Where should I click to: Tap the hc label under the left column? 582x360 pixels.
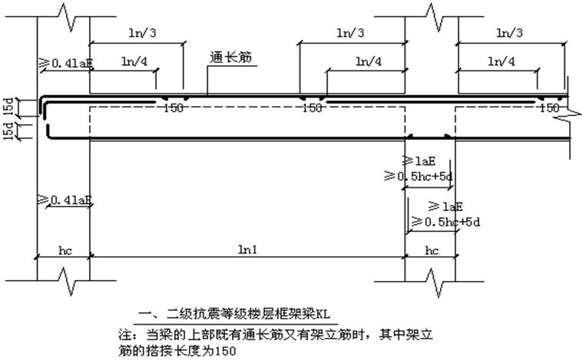click(x=64, y=249)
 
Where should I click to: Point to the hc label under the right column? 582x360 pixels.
click(x=432, y=249)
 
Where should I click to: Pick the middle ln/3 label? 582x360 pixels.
click(x=351, y=33)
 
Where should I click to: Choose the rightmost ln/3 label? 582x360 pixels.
click(x=511, y=33)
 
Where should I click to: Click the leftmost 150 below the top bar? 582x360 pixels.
click(x=174, y=108)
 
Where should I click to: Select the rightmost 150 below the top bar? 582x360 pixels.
click(x=550, y=108)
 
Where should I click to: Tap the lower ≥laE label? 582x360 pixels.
click(x=448, y=206)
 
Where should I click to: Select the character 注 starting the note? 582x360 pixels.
click(x=121, y=335)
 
